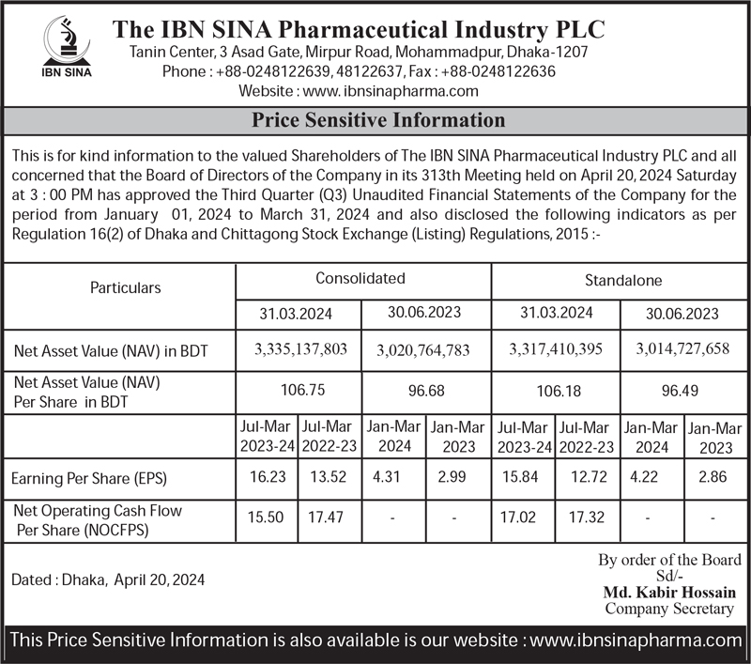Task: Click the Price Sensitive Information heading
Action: point(378,121)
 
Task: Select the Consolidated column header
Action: point(360,279)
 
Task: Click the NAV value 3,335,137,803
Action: point(300,349)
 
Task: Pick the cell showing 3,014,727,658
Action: point(682,349)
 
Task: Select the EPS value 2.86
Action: point(713,477)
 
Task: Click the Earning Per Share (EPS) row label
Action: point(89,479)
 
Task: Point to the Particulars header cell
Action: point(125,288)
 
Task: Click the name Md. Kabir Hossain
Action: point(669,593)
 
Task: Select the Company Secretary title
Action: point(668,609)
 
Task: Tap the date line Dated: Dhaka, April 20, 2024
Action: point(107,580)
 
